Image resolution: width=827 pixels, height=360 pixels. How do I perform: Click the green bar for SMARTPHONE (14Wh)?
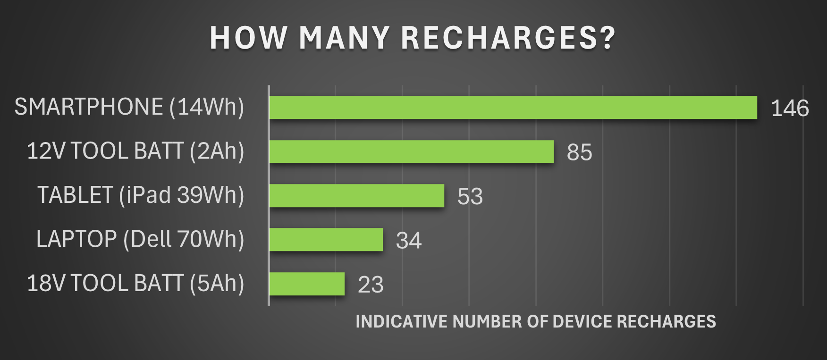click(x=513, y=108)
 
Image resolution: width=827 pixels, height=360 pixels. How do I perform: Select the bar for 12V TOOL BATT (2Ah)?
click(x=411, y=151)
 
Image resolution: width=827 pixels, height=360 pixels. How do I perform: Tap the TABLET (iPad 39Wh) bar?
click(x=357, y=195)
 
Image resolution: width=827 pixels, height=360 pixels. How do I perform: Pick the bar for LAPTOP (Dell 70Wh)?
click(x=326, y=240)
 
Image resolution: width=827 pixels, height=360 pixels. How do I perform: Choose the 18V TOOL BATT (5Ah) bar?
click(x=307, y=284)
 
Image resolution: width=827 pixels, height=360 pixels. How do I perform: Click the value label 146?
click(x=790, y=109)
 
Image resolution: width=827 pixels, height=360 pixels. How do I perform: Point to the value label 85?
click(x=579, y=152)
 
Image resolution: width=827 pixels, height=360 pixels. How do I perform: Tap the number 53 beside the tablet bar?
click(x=470, y=196)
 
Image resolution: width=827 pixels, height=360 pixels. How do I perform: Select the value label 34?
click(x=408, y=241)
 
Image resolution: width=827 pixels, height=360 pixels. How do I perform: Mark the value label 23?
click(x=371, y=285)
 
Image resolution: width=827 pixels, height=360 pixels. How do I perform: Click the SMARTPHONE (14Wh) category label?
click(x=129, y=107)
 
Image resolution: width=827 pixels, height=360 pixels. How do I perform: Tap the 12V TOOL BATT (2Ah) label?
click(x=135, y=151)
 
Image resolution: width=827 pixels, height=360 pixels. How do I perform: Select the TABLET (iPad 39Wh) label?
click(x=141, y=195)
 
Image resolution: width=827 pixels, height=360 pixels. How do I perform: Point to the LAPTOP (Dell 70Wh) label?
click(x=140, y=239)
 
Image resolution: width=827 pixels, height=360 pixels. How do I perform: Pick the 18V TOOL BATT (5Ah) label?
click(x=135, y=283)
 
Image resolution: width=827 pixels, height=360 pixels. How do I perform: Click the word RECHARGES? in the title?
click(x=508, y=38)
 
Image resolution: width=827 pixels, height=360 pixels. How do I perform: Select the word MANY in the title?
click(x=344, y=38)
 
